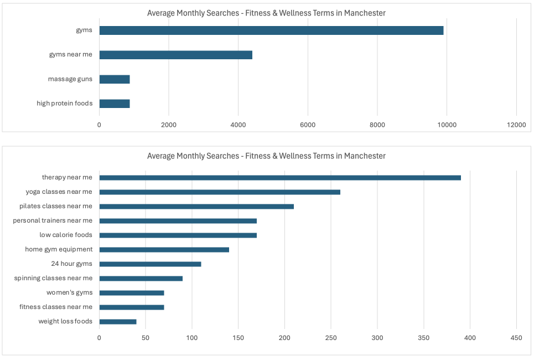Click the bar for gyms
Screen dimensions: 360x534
271,30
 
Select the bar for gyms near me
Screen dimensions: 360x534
175,55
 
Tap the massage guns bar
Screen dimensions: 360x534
115,79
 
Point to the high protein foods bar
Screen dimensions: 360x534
115,104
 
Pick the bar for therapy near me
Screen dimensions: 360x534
280,178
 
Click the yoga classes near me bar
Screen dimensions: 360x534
220,192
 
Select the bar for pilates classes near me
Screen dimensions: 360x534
196,207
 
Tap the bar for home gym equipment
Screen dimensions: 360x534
164,250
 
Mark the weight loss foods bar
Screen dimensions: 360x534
118,322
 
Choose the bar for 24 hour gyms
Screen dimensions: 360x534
150,264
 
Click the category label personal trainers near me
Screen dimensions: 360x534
53,220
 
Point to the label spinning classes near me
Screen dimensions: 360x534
53,278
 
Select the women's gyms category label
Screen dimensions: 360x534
69,292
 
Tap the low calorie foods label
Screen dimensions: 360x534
66,235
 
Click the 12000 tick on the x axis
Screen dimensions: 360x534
516,125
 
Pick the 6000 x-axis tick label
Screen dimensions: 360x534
308,125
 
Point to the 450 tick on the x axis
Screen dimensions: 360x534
516,337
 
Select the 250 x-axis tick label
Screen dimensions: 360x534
331,337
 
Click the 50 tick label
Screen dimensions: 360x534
146,337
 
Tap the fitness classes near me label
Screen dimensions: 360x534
56,307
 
